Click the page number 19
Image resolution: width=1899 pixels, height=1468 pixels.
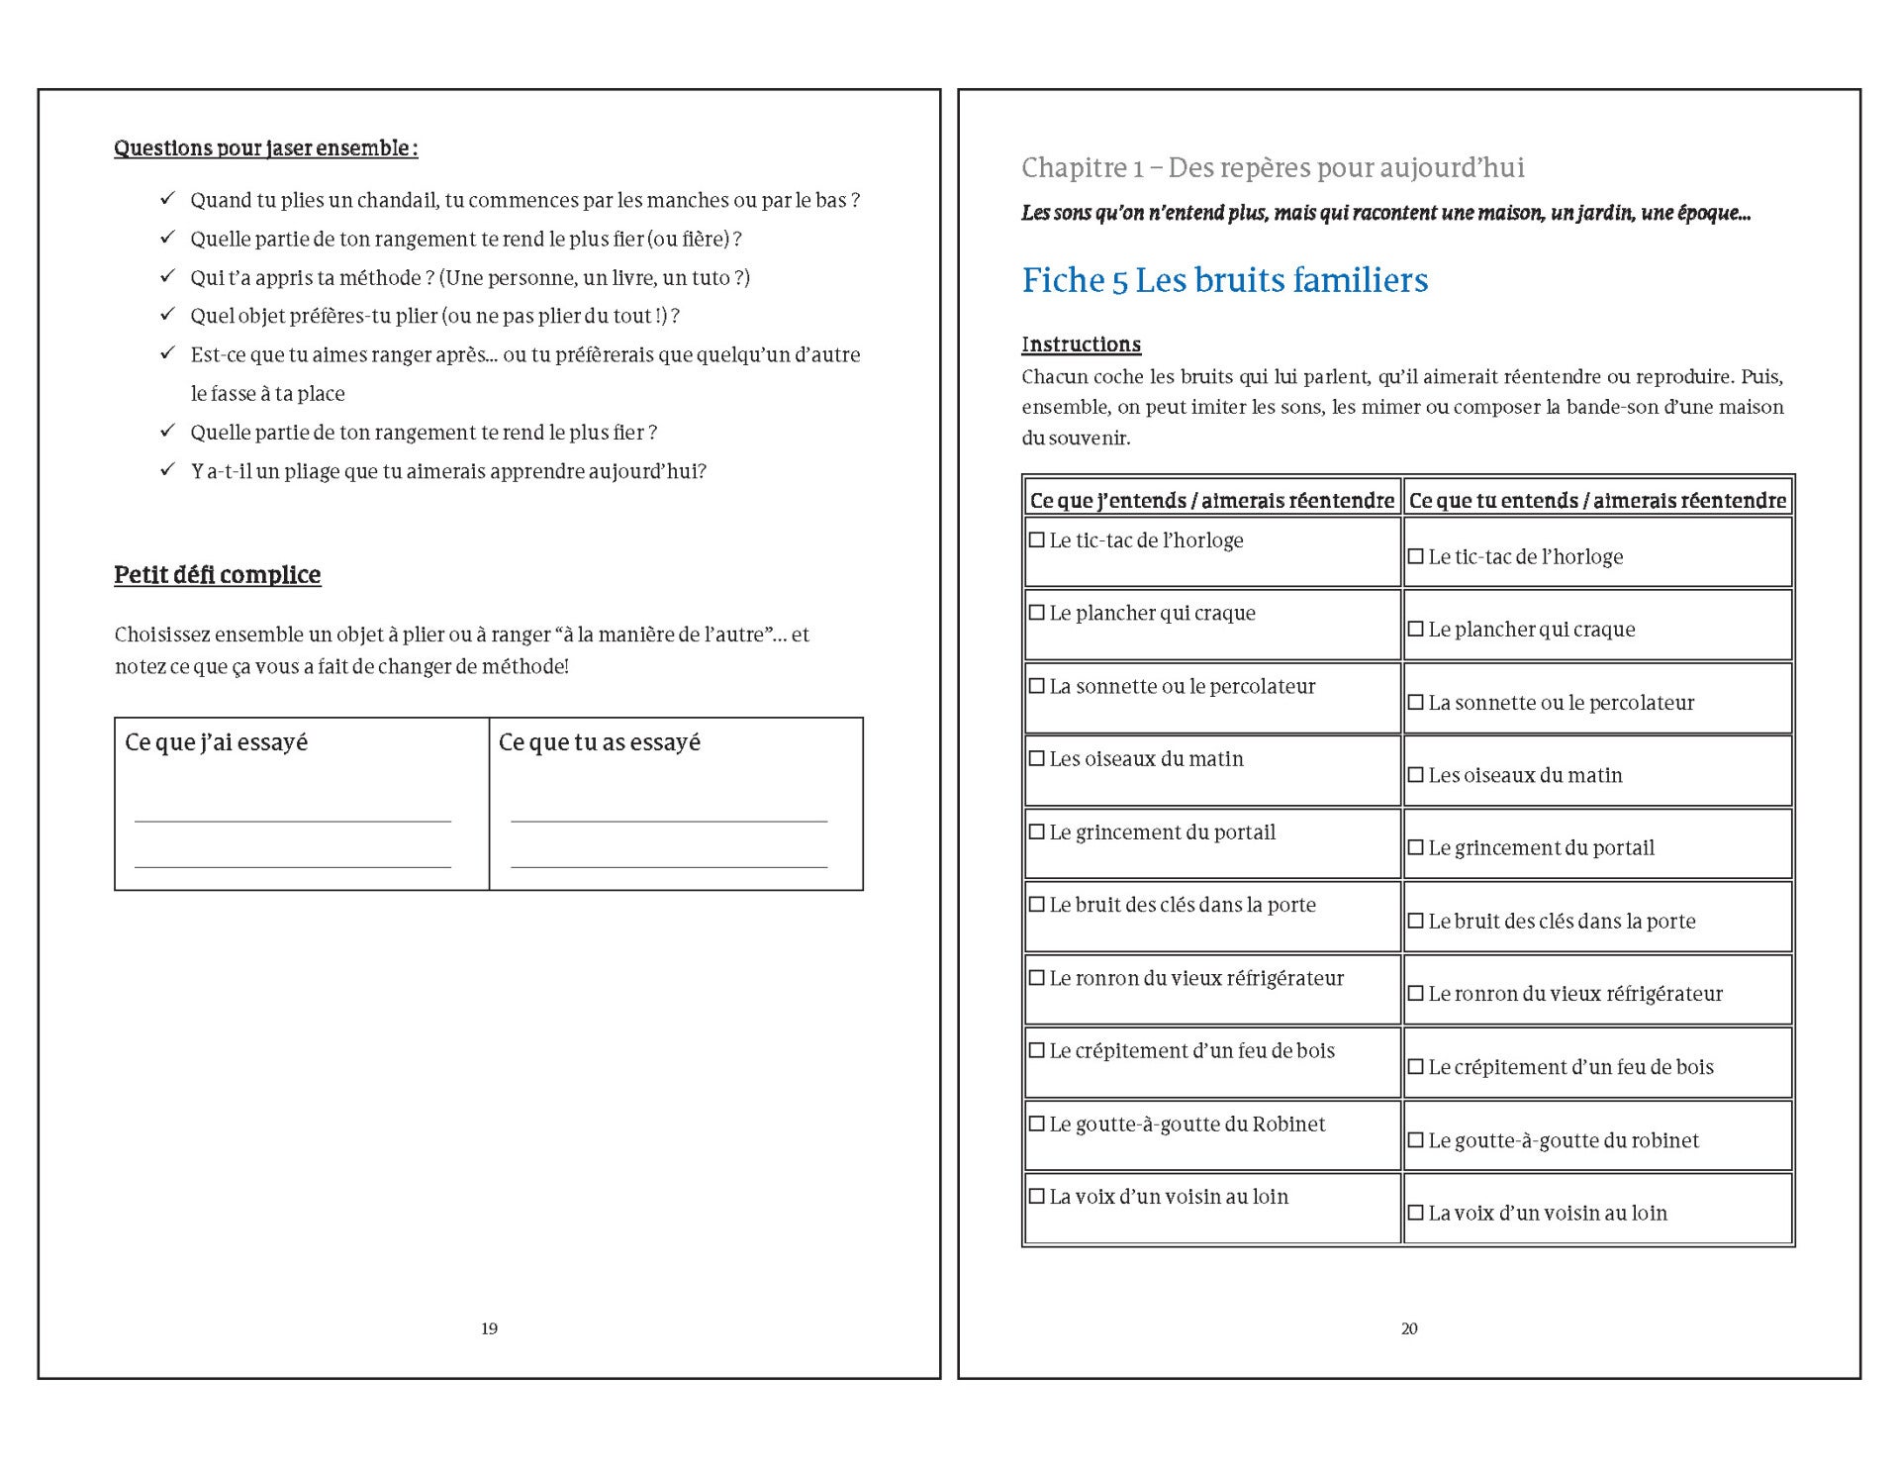[x=489, y=1328]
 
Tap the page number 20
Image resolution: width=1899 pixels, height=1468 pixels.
[x=1409, y=1328]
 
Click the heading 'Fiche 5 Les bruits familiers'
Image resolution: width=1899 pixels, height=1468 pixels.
[x=1224, y=281]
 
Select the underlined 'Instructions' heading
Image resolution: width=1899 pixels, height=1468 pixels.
[x=1081, y=344]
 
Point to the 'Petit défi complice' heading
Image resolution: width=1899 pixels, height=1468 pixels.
[x=217, y=575]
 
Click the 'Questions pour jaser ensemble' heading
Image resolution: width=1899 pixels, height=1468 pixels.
[x=265, y=148]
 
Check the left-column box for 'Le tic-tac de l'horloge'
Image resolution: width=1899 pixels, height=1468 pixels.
[x=1037, y=540]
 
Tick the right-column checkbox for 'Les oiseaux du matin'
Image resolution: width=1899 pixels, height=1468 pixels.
[x=1416, y=775]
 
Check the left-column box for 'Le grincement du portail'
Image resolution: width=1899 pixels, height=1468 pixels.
[x=1037, y=832]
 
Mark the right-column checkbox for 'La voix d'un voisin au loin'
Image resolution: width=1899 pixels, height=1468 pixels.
[x=1416, y=1213]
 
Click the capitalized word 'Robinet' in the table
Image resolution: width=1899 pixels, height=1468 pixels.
[x=1288, y=1125]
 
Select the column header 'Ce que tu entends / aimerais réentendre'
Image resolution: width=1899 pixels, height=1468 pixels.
[x=1597, y=501]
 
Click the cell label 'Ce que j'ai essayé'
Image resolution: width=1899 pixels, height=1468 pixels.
[x=216, y=742]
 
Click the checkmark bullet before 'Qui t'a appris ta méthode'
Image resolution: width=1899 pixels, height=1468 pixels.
[x=167, y=276]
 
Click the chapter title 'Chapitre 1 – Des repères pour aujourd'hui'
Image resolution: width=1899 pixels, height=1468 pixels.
[x=1273, y=168]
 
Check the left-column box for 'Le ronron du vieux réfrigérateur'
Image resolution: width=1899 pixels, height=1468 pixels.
[x=1037, y=978]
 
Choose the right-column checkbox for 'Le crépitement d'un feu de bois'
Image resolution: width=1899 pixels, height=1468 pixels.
[x=1416, y=1067]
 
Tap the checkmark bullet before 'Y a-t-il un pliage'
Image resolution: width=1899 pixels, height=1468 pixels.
[x=167, y=469]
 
